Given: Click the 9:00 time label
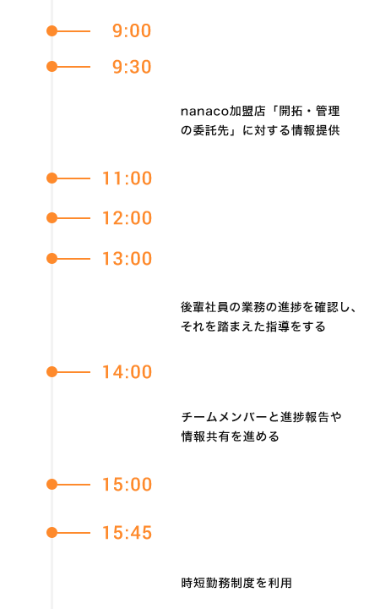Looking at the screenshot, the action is tap(132, 30).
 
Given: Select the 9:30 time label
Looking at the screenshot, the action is tap(132, 67).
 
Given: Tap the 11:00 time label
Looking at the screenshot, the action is tap(127, 178).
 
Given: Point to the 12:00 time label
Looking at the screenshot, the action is tap(127, 218).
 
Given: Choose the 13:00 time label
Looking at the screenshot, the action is tap(127, 259).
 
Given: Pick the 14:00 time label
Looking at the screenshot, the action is tap(127, 372).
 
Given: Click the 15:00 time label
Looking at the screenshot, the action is tap(127, 485).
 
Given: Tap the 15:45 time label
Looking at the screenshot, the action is tap(127, 533).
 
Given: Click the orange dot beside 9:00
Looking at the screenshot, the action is tap(52, 30).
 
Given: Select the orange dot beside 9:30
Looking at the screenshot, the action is tap(52, 67).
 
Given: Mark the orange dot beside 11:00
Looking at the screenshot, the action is tap(52, 178).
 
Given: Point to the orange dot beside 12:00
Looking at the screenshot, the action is tap(52, 218).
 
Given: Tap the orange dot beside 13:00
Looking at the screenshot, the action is tap(52, 259).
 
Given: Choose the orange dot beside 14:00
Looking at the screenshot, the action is tap(52, 372).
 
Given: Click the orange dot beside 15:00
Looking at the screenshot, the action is tap(52, 485).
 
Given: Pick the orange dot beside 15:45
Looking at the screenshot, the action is tap(52, 533).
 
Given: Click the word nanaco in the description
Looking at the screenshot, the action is tap(204, 112).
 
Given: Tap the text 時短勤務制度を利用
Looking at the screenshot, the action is tap(236, 583).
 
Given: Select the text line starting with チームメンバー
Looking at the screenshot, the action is tap(261, 417).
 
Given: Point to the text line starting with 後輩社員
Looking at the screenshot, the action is tap(269, 307).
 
